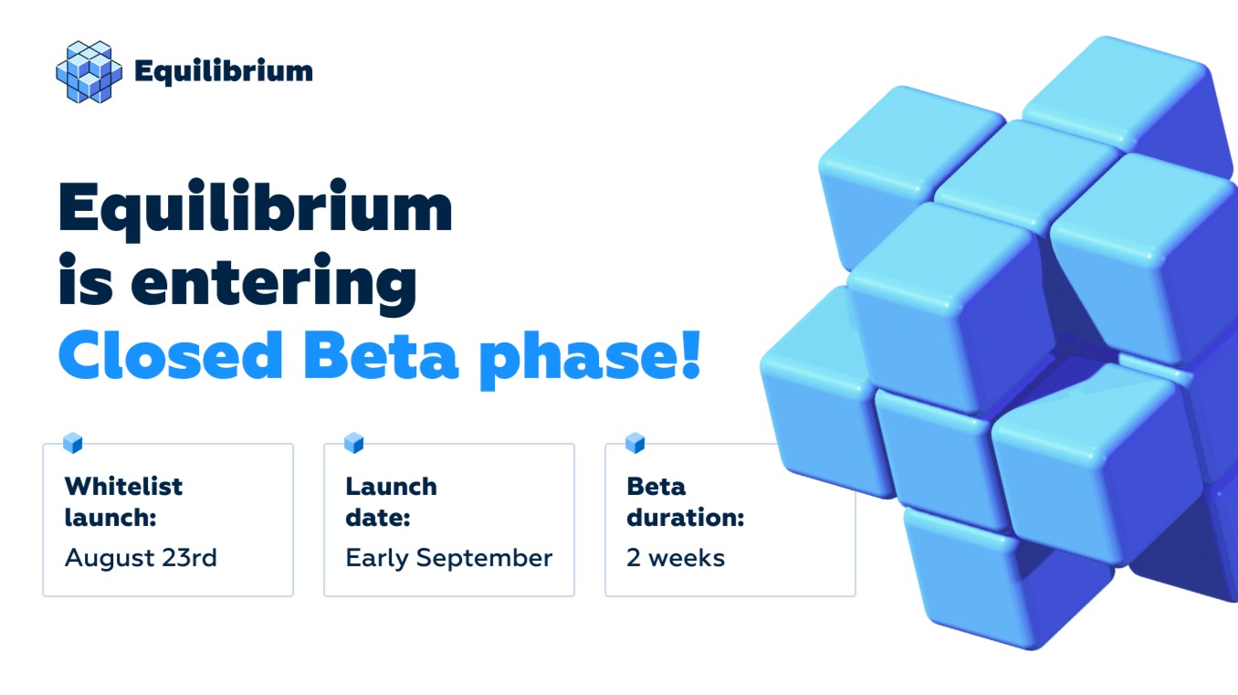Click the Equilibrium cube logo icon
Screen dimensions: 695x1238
89,71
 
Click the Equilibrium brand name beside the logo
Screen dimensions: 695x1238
223,71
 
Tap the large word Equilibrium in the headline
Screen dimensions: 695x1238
256,209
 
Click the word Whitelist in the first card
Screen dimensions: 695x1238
123,486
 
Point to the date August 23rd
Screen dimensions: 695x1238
141,558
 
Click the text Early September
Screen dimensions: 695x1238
449,558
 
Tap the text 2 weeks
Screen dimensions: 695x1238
676,558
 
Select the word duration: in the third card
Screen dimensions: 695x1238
685,519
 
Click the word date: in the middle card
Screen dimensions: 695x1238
377,519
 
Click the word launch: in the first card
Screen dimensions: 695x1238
110,519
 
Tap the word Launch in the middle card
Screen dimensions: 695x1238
391,486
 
